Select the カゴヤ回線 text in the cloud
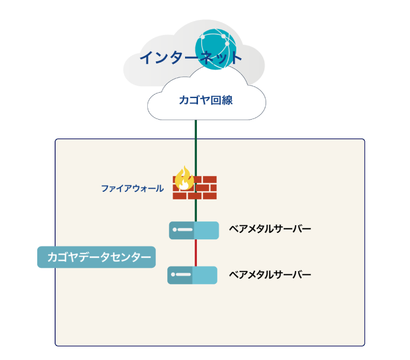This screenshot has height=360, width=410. coord(206,100)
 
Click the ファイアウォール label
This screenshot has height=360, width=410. coord(132,189)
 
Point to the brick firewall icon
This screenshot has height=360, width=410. coord(195,187)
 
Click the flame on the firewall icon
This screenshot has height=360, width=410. coord(184,177)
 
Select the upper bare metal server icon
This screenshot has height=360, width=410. coord(194,230)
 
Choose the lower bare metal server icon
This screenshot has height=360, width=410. coord(193,275)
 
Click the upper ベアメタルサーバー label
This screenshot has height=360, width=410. coord(270,230)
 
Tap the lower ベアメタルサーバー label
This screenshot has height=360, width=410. coord(270,275)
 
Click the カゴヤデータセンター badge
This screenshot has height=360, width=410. coord(97,257)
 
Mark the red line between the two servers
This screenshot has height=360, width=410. coord(195,252)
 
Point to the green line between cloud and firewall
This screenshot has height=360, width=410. coord(195,146)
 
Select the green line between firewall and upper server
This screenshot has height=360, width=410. coord(195,211)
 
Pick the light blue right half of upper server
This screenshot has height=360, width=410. coord(206,230)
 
